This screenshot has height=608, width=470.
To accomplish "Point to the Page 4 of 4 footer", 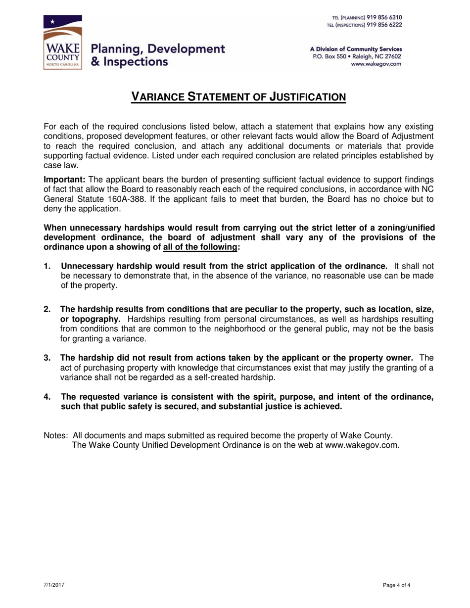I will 397,585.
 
